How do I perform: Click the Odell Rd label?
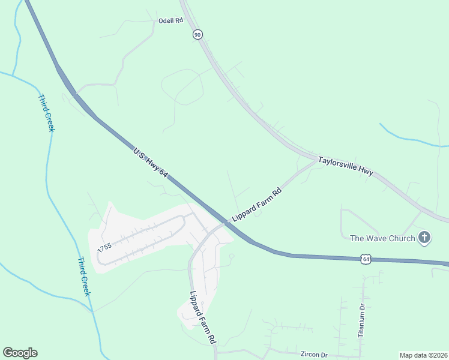(170, 20)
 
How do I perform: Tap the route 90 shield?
(198, 35)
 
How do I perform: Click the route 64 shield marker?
(366, 259)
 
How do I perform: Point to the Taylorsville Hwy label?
(345, 166)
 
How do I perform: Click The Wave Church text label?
(382, 238)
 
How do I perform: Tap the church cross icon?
(424, 238)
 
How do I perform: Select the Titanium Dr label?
(361, 320)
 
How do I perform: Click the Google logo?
(20, 353)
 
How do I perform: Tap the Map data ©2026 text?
(423, 355)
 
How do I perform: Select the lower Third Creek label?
(84, 277)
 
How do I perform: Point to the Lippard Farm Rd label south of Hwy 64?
(202, 317)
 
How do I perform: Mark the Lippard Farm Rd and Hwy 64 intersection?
(224, 223)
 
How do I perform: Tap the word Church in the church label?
(399, 238)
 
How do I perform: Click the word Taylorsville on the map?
(337, 163)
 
